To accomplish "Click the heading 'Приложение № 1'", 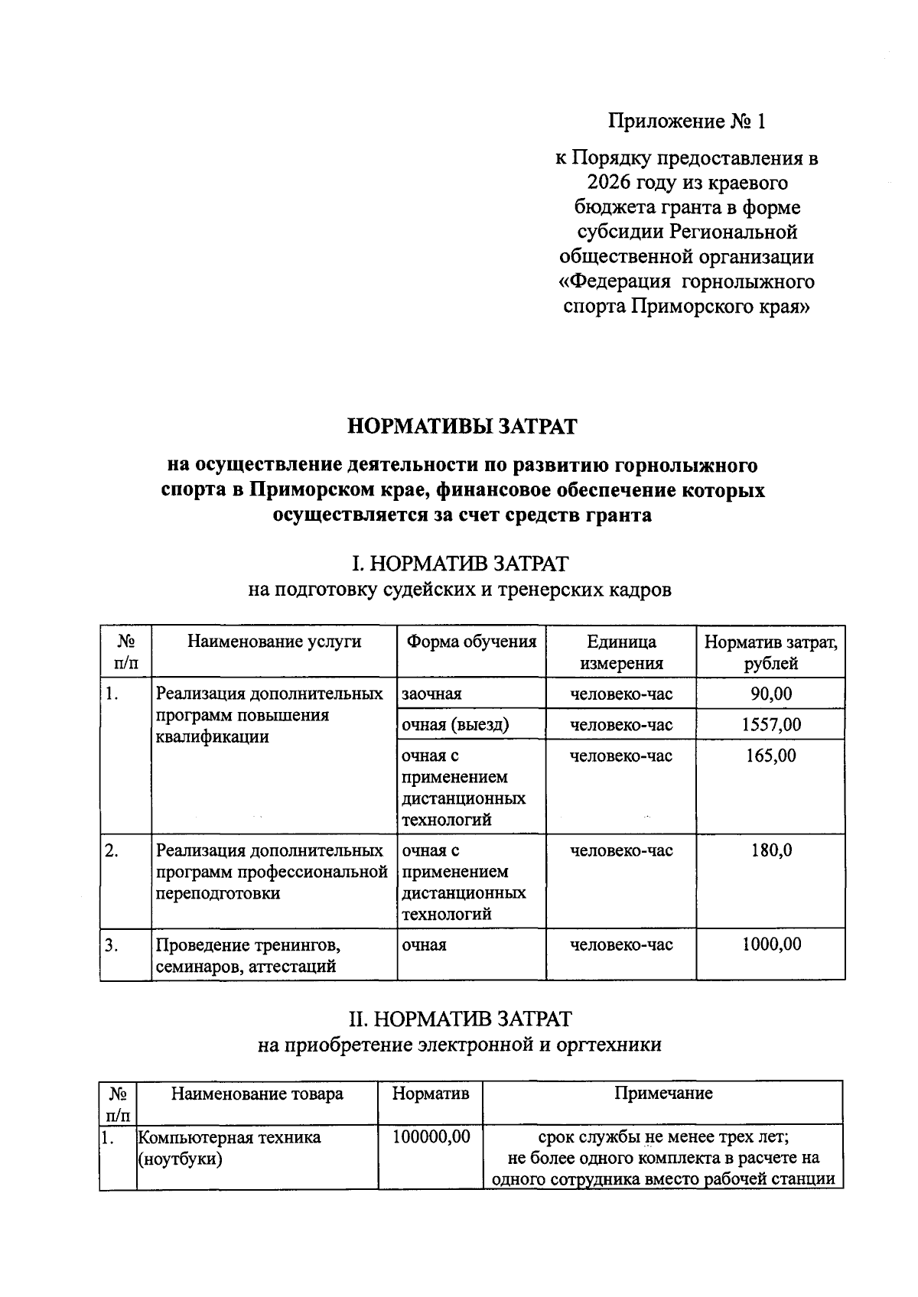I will point(686,121).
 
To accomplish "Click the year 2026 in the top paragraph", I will point(610,184).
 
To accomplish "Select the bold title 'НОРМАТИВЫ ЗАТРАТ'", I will point(462,426).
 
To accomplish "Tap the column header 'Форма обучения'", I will point(471,641).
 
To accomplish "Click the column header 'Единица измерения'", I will point(621,652).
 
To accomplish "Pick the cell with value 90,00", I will point(770,694).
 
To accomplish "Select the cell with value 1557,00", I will point(770,724).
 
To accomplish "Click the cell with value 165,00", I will point(770,756).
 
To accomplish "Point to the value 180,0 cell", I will point(770,850).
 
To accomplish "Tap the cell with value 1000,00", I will point(770,944).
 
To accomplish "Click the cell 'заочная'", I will point(432,694).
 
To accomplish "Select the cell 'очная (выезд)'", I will point(455,724).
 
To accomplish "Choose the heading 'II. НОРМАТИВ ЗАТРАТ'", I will point(460,1019).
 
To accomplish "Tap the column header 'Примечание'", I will point(663,1094).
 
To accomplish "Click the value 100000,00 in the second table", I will point(431,1137).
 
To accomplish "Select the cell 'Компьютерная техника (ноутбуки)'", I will point(229,1148).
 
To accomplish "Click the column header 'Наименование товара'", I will point(257,1094).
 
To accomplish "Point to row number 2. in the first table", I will point(112,850).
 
